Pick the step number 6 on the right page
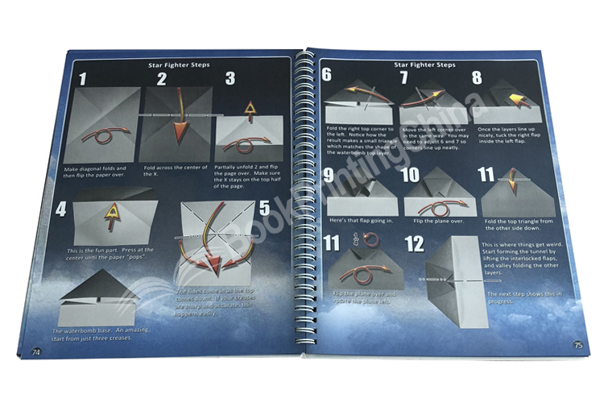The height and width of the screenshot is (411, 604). (x=327, y=77)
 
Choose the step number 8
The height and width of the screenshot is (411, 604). (x=477, y=77)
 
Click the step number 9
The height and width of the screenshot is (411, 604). (x=328, y=176)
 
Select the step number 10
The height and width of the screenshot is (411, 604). (x=409, y=176)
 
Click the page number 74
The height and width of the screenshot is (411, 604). (x=35, y=351)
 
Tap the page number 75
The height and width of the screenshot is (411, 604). (x=577, y=345)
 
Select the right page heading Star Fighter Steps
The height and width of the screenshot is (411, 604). (x=424, y=64)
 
